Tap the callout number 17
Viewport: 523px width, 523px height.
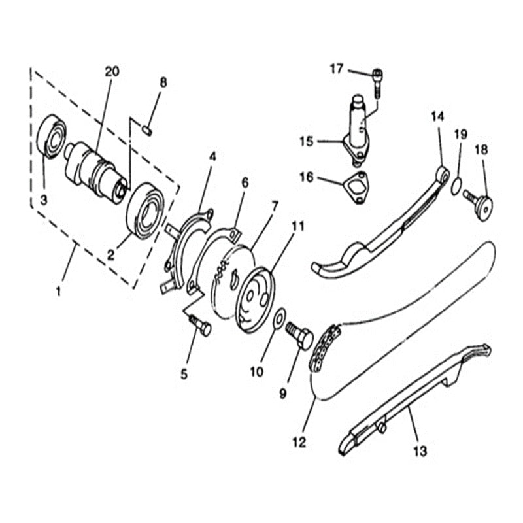point(337,68)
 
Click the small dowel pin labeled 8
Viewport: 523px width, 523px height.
point(148,130)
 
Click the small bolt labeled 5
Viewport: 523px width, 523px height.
point(199,326)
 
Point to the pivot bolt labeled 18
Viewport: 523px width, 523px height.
point(481,204)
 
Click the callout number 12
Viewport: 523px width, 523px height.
point(299,443)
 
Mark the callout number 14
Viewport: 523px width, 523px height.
point(437,116)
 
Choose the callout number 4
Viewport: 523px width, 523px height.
point(212,157)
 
